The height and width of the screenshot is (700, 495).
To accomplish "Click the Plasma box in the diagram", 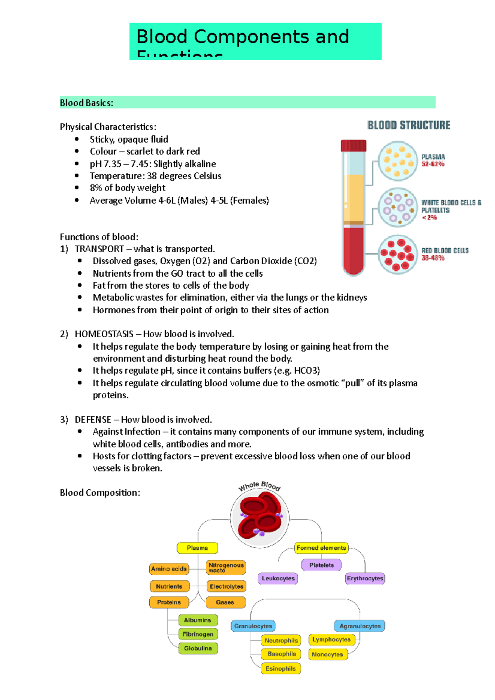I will (197, 548).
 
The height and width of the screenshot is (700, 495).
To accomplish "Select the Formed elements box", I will (321, 548).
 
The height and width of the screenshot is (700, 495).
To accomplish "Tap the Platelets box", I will (321, 565).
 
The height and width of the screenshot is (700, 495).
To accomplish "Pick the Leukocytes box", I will (278, 578).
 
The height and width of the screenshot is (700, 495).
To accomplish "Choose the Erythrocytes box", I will (365, 578).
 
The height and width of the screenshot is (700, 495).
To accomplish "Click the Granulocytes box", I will (253, 626).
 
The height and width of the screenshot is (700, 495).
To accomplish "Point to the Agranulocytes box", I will (360, 626).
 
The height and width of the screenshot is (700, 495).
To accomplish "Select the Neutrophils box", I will (281, 641).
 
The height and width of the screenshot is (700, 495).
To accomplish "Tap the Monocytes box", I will (328, 654).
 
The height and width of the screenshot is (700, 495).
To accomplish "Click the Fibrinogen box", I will (198, 634).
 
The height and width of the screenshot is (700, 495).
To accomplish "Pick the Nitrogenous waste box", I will (226, 568).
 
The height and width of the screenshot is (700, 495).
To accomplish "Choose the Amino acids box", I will (169, 569).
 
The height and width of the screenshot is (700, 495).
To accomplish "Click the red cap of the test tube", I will (354, 146).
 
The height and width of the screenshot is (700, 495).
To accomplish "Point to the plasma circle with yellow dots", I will (398, 161).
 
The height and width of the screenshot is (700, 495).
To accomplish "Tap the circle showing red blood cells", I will (398, 254).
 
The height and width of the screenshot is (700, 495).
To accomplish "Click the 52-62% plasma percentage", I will (433, 164).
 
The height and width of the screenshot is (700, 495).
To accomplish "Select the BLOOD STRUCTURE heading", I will (409, 125).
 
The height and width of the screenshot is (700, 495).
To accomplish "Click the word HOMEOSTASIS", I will (104, 334).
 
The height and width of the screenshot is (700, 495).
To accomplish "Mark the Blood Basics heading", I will (87, 103).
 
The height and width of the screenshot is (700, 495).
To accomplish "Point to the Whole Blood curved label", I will (259, 486).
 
